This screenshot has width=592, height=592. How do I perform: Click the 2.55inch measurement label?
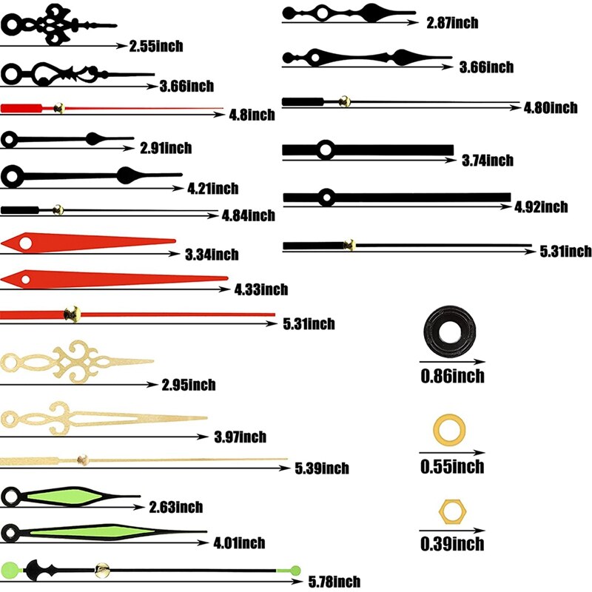156,46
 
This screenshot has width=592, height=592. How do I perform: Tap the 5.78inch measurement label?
334,582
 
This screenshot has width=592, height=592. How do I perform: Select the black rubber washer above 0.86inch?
450,332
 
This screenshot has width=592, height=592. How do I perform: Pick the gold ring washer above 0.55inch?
449,429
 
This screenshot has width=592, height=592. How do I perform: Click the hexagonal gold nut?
452,511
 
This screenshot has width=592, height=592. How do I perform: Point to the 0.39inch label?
452,544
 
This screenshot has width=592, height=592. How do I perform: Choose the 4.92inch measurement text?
541,207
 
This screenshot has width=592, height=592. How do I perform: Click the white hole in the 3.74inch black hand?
325,150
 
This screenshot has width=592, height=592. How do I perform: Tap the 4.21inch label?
213,189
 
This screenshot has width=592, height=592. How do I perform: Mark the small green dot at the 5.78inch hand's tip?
295,571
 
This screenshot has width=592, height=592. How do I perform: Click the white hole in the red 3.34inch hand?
26,243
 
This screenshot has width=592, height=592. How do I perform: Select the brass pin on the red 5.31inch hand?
72,314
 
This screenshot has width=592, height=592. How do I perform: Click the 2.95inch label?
189,385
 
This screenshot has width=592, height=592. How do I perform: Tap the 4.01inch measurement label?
239,543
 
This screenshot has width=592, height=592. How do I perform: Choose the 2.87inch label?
452,23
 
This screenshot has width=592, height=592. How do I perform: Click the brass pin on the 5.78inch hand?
102,570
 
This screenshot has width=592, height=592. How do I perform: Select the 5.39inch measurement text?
322,468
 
